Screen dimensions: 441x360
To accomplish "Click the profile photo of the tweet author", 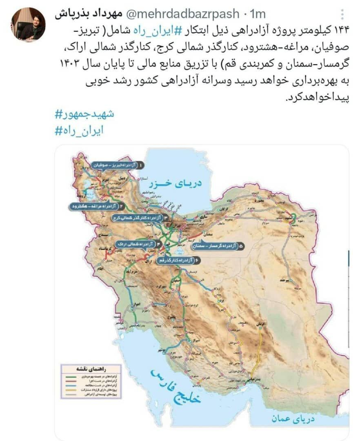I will point(28,24).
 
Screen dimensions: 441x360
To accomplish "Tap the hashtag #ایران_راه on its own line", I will point(79,130).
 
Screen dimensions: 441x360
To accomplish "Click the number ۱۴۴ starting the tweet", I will point(341,30).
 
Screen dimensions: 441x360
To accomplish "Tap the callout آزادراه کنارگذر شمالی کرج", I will point(137,218).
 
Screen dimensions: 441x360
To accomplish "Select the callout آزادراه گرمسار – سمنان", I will point(219,246).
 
